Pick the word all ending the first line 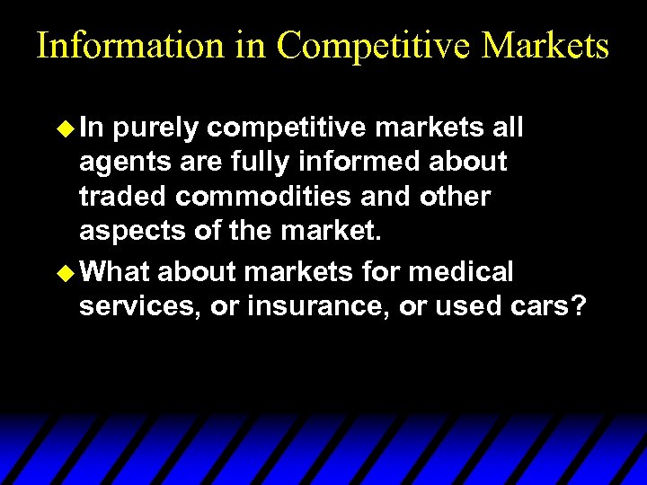click(508, 128)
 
